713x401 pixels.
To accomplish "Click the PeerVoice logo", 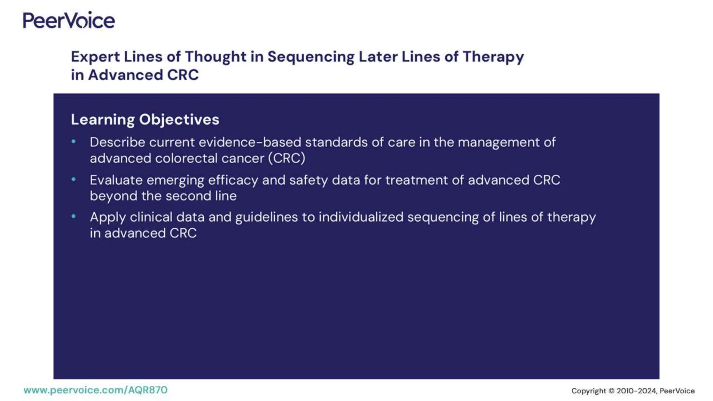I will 69,20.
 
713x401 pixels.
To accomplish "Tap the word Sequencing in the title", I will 311,57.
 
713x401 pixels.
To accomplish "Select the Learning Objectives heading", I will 145,119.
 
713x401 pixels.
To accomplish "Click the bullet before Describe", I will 73,142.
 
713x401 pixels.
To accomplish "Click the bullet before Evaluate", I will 73,180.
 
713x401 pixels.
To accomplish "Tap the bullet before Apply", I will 73,217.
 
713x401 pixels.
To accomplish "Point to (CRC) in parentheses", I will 287,158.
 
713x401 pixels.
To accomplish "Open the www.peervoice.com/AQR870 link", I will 95,390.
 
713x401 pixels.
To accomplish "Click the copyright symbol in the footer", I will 611,391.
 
